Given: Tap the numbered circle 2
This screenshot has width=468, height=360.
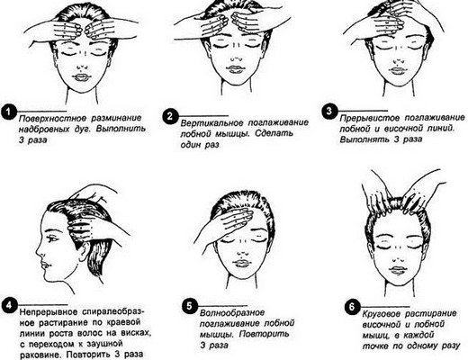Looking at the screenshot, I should coord(168,116).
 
